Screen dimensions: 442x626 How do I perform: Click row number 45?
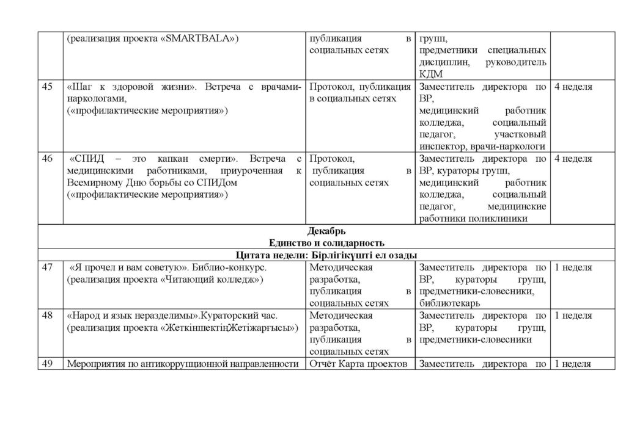46,87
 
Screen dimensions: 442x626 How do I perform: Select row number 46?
46,159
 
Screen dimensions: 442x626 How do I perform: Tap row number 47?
46,267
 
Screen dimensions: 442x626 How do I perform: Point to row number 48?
46,316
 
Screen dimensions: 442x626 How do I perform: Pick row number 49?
46,364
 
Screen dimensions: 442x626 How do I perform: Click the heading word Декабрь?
327,231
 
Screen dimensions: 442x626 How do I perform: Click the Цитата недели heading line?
327,255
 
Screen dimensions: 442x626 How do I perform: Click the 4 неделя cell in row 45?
573,87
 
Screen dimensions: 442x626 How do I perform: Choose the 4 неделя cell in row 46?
573,159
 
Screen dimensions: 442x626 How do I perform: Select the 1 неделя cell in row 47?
573,267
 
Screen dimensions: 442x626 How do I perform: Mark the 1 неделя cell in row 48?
573,316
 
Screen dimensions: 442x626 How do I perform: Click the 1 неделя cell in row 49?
573,364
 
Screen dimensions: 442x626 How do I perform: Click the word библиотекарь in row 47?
449,302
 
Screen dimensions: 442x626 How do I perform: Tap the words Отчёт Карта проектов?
359,364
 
